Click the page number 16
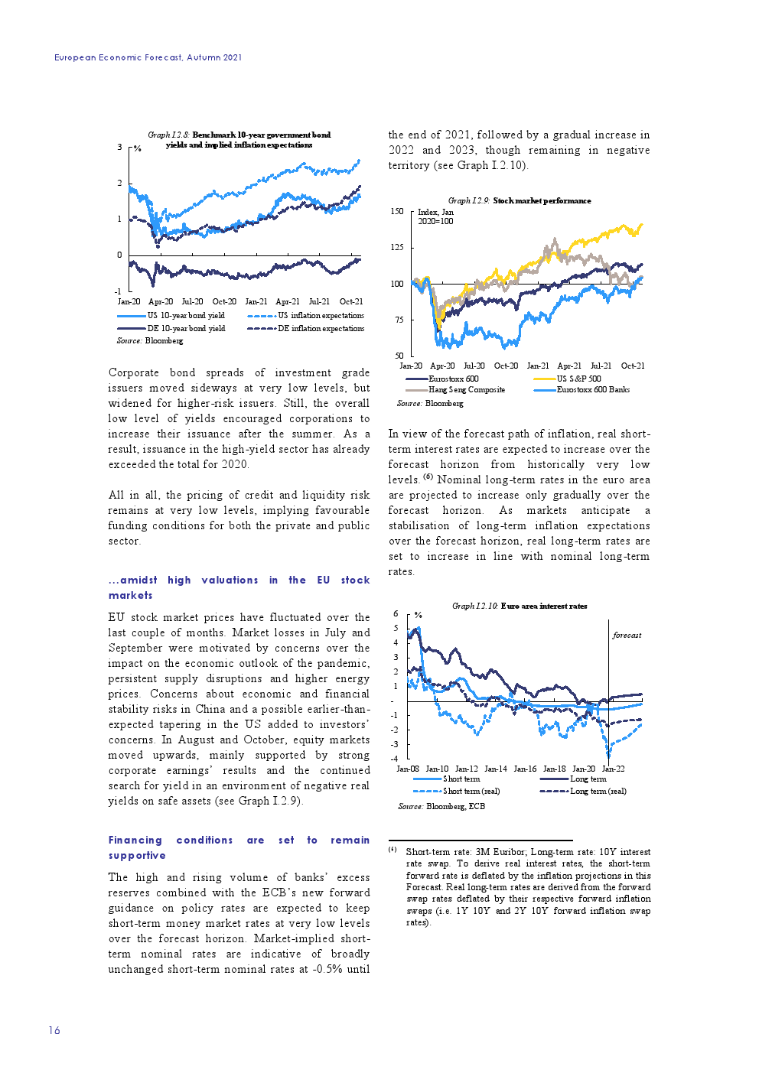(x=54, y=1030)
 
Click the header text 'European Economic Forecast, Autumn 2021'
(x=148, y=57)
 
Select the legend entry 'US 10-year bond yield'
(x=186, y=315)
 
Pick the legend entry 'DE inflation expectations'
(x=321, y=328)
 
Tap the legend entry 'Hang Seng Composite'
(x=466, y=389)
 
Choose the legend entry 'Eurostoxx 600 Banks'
(x=593, y=389)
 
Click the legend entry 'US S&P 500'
(x=578, y=379)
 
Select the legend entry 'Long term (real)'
(x=598, y=791)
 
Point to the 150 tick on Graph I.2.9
(x=397, y=211)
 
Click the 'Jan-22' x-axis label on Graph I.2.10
(x=613, y=769)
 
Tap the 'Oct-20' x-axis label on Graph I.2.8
(x=224, y=301)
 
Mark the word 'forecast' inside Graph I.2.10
(x=627, y=635)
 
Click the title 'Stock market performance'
(x=542, y=200)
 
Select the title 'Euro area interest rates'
(x=544, y=606)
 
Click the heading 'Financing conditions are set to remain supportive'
(x=239, y=847)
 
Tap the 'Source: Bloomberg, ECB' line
(x=441, y=806)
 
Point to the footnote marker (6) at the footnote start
(x=393, y=850)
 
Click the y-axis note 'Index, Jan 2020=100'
(x=435, y=216)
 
